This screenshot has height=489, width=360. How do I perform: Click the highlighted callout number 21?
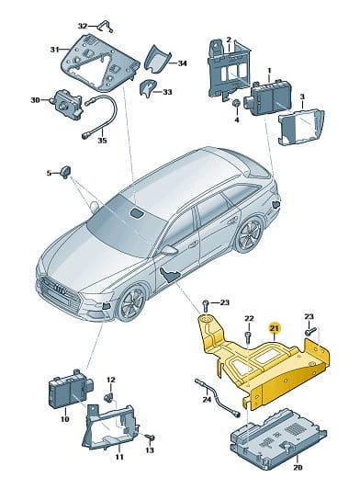[x=276, y=328]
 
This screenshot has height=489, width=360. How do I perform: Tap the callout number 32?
[x=83, y=26]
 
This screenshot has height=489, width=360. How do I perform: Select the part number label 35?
[x=102, y=141]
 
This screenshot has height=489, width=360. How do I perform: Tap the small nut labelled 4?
[x=237, y=103]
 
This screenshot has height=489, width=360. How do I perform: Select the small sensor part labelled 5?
[x=66, y=172]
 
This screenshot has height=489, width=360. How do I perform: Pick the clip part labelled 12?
[x=109, y=397]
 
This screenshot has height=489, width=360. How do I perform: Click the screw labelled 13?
[x=151, y=438]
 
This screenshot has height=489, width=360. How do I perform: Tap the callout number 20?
[x=297, y=467]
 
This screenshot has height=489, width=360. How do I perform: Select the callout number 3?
[x=302, y=97]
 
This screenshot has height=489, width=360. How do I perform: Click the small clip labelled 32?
[x=105, y=26]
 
